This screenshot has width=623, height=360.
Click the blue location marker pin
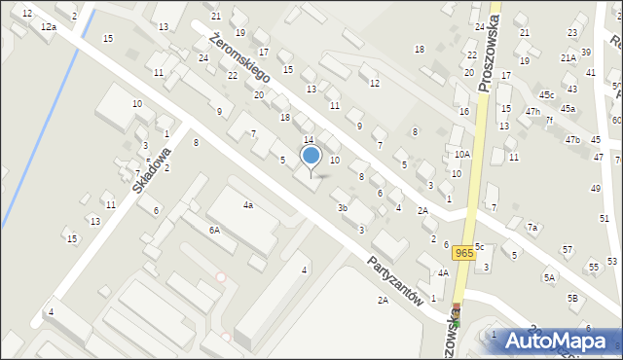pyautogui.click(x=311, y=156)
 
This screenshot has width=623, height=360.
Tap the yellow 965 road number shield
pyautogui.click(x=464, y=253)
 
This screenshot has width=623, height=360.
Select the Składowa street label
pyautogui.click(x=152, y=169)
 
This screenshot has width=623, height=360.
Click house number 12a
pyautogui.click(x=49, y=27)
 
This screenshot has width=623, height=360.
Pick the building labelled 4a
pyautogui.click(x=248, y=205)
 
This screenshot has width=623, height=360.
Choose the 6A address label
pyautogui.click(x=214, y=230)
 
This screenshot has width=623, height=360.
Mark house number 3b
pyautogui.click(x=342, y=207)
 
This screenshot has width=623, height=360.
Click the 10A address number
pyautogui.click(x=462, y=154)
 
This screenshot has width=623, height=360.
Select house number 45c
pyautogui.click(x=547, y=94)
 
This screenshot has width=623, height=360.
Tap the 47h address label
pyautogui.click(x=532, y=112)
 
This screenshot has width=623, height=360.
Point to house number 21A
pyautogui.click(x=568, y=57)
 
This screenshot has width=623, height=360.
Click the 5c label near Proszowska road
pyautogui.click(x=480, y=247)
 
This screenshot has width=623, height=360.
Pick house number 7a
pyautogui.click(x=532, y=227)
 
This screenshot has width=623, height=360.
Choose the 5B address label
pyautogui.click(x=573, y=297)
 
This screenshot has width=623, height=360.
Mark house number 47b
pyautogui.click(x=573, y=141)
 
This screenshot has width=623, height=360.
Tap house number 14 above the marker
pyautogui.click(x=309, y=141)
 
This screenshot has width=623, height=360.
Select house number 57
pyautogui.click(x=568, y=250)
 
